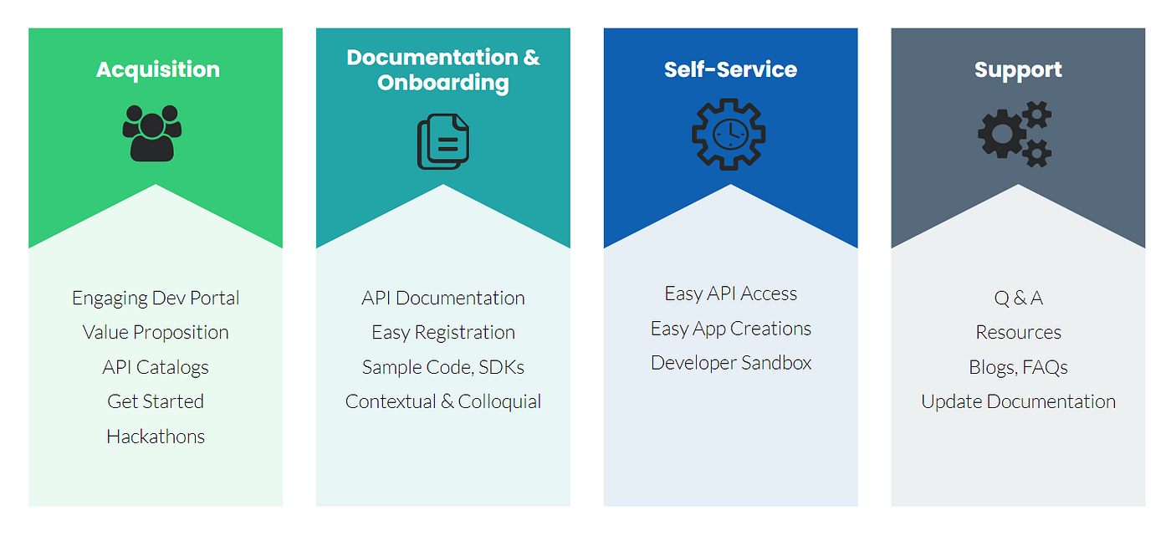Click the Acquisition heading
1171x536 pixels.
(157, 69)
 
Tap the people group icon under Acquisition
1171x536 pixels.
(152, 132)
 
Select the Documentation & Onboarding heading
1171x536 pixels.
(442, 69)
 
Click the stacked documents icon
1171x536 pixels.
(443, 140)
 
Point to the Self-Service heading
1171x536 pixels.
(730, 69)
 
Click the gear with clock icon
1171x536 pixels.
(729, 135)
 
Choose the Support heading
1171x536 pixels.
(1018, 69)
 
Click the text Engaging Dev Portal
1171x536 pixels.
(156, 298)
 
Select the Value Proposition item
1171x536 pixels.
(156, 332)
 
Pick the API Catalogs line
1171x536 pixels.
(156, 367)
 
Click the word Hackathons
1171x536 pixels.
(156, 436)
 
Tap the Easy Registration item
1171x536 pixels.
(443, 332)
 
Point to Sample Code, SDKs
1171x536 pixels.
(443, 367)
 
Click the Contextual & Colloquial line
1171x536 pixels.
(443, 401)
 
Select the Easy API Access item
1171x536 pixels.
(731, 294)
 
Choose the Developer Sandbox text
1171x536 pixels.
(731, 363)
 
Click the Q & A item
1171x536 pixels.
(1018, 298)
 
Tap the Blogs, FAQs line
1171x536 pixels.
(1018, 367)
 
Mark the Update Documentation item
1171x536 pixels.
(1018, 401)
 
